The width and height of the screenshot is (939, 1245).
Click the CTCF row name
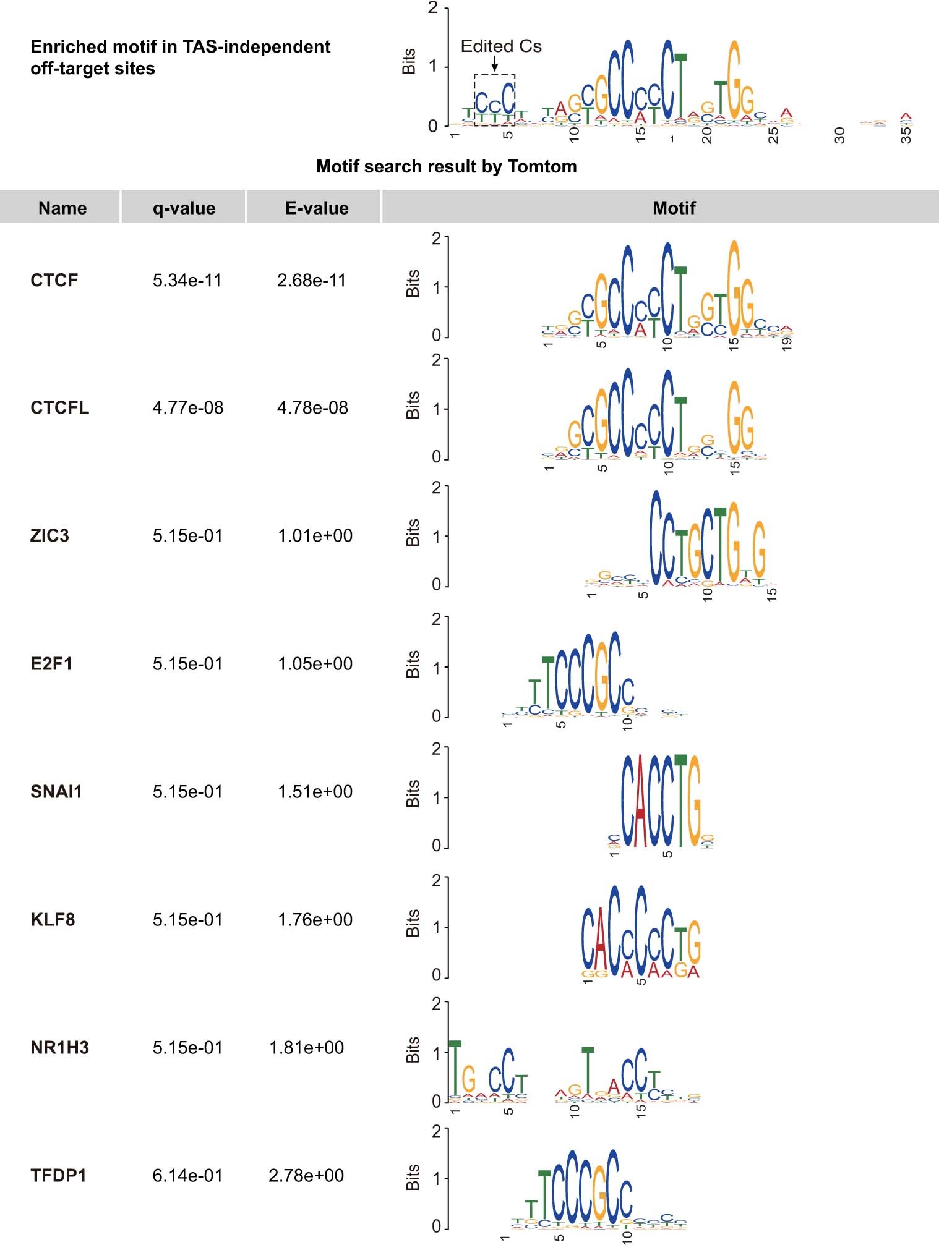pos(54,280)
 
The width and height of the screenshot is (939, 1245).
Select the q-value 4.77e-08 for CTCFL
pos(187,408)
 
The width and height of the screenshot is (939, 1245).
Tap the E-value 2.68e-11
pos(311,280)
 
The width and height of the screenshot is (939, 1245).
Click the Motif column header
pos(674,208)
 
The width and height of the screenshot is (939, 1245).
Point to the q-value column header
pos(184,208)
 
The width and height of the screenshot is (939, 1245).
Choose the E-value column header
pos(317,208)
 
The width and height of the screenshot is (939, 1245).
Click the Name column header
pos(62,208)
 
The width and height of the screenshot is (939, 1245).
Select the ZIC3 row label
pos(49,535)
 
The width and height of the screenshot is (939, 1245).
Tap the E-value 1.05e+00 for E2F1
pos(315,664)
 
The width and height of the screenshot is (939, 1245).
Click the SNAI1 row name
pos(56,792)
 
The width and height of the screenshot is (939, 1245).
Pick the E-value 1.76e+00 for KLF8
pos(315,920)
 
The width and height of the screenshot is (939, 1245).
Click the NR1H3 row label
pos(59,1048)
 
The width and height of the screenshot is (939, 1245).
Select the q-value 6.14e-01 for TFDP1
pos(187,1176)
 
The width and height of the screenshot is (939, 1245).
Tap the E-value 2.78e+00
pos(306,1176)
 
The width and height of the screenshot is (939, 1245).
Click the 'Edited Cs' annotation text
pos(501,46)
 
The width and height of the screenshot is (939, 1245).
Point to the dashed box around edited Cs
pos(494,100)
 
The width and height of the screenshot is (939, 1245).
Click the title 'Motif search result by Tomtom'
pos(446,166)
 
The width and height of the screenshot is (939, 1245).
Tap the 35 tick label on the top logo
pos(906,135)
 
